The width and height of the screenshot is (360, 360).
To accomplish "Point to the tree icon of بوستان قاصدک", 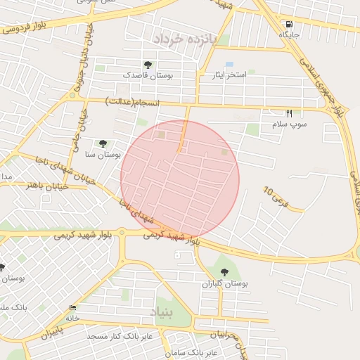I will pos(146,65).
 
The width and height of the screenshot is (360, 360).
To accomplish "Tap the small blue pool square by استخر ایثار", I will pos(229,65).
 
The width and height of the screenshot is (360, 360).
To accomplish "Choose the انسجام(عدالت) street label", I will pos(132,103).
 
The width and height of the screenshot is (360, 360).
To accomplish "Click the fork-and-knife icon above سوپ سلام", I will pos(289,113).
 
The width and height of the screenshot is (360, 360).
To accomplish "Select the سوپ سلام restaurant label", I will pos(290,124).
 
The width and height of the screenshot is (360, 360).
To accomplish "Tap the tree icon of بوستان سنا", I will pos(104,143).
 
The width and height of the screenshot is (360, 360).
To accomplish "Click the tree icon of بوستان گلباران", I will pos(224,272).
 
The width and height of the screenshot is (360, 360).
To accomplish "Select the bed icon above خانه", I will pos(73,308).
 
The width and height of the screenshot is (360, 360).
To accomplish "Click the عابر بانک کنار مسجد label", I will pos(115,337).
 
